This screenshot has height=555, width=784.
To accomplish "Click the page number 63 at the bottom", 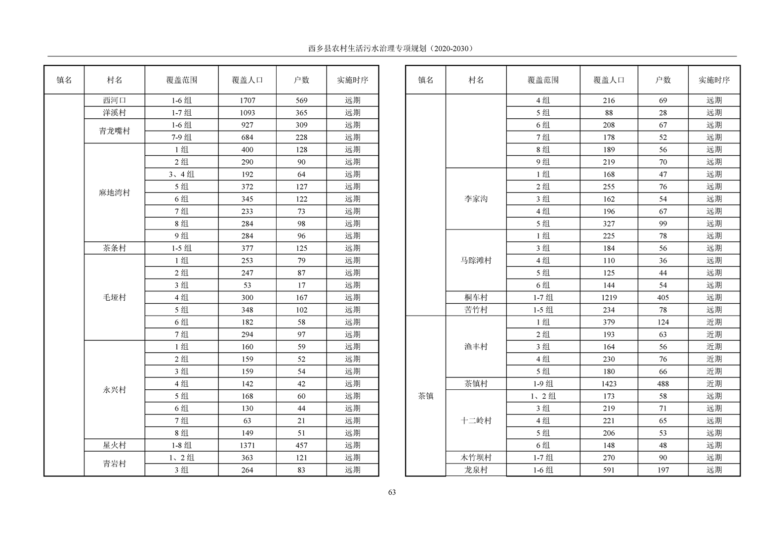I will tap(392, 492).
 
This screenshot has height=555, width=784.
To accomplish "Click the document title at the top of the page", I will tap(391, 48).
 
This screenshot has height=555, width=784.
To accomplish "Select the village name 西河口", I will tap(115, 100).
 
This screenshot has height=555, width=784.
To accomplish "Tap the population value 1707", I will tap(247, 100).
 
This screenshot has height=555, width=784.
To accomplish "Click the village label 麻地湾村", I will tap(115, 193).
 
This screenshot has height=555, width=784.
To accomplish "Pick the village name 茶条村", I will tap(115, 248).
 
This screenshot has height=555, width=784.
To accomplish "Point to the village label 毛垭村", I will tap(115, 297).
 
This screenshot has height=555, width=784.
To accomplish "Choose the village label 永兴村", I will tap(115, 390).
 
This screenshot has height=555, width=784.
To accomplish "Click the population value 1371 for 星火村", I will tap(247, 445).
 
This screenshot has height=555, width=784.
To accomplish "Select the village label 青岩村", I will tap(115, 464).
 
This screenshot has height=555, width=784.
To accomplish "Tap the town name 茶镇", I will tap(425, 396).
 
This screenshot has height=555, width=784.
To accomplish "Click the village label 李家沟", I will tap(476, 199).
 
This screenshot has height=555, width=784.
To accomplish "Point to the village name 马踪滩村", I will tap(476, 260).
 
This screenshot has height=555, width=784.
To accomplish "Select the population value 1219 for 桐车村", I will tap(609, 297).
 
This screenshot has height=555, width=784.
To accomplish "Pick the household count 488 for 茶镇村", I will tap(663, 384).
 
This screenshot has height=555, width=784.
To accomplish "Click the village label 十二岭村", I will tap(476, 421).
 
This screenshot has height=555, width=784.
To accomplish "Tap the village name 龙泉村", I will tap(476, 470).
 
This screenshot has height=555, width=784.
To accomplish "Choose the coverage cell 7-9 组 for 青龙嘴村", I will tap(181, 138).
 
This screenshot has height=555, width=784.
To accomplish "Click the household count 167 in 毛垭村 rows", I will tap(301, 297).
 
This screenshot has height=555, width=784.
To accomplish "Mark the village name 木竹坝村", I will tap(476, 458).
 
